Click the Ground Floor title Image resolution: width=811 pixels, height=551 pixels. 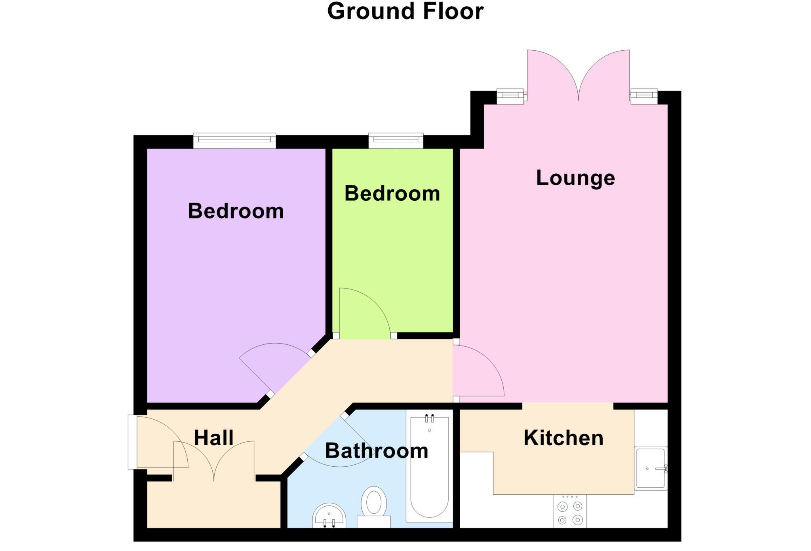point(405,11)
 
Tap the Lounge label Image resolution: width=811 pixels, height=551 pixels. point(575,178)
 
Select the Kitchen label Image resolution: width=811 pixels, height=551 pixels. point(563,438)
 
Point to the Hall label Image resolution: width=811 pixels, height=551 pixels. point(213,438)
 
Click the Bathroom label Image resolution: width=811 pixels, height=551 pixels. point(377,451)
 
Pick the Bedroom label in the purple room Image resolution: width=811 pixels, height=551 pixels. point(236,211)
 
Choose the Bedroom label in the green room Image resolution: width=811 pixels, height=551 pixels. point(392,194)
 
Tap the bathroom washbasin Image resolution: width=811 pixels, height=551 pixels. point(329,516)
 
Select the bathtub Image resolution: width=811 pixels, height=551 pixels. point(429,471)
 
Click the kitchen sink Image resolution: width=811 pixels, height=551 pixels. point(650,468)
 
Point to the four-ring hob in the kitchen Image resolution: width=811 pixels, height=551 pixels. point(570,512)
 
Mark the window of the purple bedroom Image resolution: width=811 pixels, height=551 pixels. point(234,141)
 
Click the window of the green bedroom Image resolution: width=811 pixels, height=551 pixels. point(396,141)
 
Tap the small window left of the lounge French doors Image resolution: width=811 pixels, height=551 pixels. point(510,96)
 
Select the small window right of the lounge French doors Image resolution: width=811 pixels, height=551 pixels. point(644,96)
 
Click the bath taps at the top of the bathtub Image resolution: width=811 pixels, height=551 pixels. point(429,418)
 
